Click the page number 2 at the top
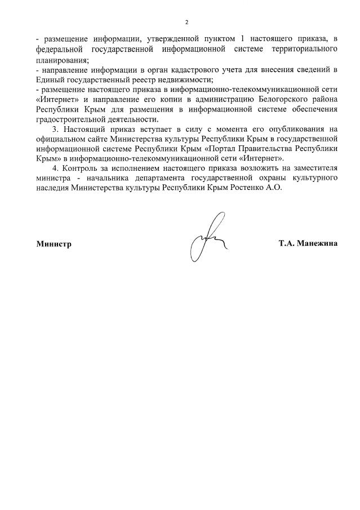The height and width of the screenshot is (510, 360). click(186, 22)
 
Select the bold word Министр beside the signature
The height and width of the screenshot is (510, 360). click(54, 245)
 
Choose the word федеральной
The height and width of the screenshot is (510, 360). click(59, 50)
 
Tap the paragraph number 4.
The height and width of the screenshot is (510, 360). click(54, 168)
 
